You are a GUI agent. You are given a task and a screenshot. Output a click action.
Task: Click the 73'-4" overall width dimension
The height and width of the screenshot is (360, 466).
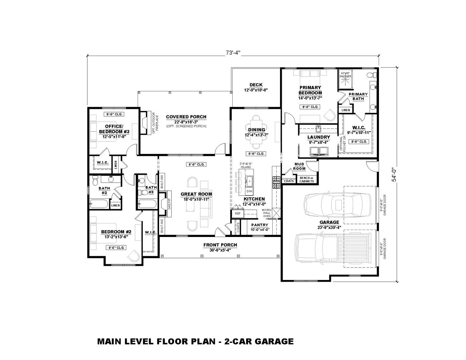[233, 53]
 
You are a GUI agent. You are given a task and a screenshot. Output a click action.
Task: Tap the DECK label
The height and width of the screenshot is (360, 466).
[256, 85]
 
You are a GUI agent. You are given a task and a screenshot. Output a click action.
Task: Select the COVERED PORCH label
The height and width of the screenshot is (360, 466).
[186, 117]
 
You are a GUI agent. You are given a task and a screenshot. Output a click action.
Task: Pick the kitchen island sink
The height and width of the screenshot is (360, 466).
[249, 180]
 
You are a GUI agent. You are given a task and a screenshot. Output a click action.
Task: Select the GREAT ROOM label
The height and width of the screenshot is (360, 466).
[196, 194]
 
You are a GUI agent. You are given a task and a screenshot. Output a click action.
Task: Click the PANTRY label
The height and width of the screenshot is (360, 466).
[260, 225]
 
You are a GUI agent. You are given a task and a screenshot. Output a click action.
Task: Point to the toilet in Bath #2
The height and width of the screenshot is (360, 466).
[95, 180]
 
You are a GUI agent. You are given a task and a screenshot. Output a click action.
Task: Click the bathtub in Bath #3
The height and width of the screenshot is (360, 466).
[147, 204]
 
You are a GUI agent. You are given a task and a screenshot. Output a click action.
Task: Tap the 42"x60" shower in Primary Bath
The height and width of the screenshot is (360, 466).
[345, 79]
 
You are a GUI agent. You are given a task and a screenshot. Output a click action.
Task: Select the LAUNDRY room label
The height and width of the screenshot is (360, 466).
[318, 137]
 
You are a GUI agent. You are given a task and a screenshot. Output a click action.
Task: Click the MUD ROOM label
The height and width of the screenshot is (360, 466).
[299, 166]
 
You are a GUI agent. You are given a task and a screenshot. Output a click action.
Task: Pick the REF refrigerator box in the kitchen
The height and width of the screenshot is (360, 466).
[238, 214]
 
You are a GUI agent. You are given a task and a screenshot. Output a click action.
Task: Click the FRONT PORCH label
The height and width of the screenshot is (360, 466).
[220, 245]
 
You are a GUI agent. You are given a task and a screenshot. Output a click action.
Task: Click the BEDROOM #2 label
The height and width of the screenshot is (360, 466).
[116, 232]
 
